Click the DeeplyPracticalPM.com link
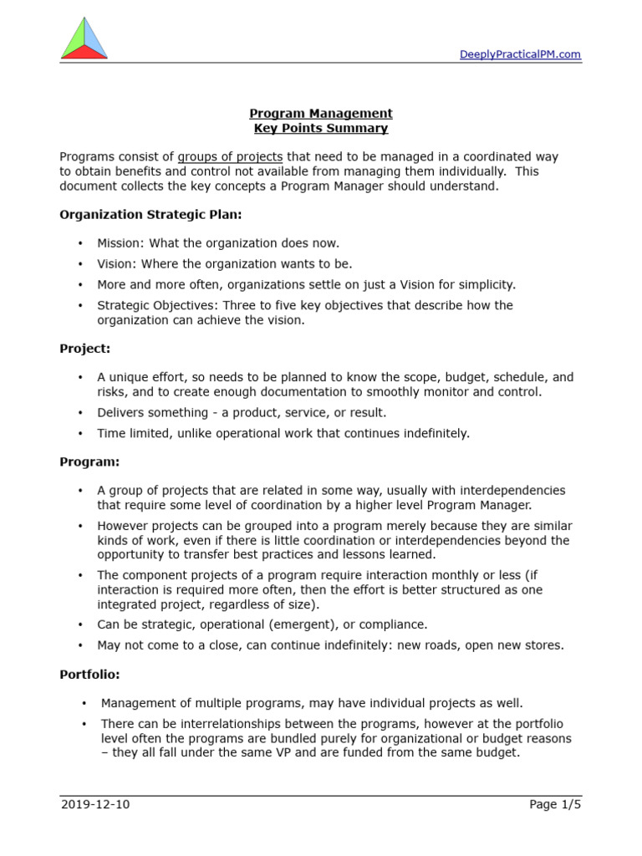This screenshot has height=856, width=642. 520,55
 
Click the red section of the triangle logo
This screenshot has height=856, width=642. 84,53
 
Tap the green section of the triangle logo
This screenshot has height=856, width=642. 74,38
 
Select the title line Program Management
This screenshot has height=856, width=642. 321,114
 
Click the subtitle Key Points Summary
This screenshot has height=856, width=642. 321,129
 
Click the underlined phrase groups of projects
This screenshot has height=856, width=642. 230,156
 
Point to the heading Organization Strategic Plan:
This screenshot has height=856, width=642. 150,215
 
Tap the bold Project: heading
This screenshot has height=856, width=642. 84,349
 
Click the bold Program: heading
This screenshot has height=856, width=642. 89,461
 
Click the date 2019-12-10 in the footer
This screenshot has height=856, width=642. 95,805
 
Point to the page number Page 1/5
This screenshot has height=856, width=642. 554,805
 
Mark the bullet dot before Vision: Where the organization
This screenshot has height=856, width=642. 80,264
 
